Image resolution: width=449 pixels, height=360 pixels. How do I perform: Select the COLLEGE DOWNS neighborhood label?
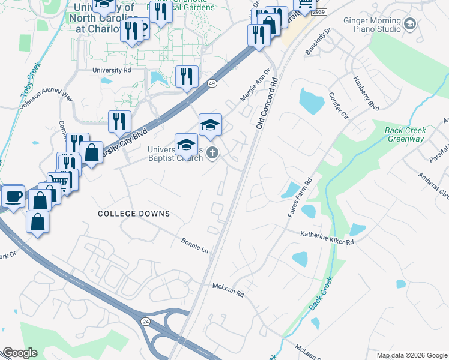pos(134,214)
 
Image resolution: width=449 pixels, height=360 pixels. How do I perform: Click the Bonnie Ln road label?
pos(195,245)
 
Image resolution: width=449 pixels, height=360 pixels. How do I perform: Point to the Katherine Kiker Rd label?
pos(327,238)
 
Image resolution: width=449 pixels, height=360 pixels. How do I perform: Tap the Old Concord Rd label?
pos(268,102)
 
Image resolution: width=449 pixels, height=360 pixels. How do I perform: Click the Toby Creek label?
pos(32,76)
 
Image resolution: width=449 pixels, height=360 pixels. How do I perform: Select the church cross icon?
pos(211,155)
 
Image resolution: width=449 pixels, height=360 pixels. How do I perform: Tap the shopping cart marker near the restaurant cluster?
pos(58,181)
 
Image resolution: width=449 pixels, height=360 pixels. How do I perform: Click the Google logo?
pos(19,353)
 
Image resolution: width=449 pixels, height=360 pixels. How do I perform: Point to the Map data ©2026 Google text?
pos(412,355)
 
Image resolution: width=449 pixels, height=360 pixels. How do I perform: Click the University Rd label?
pos(112,70)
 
